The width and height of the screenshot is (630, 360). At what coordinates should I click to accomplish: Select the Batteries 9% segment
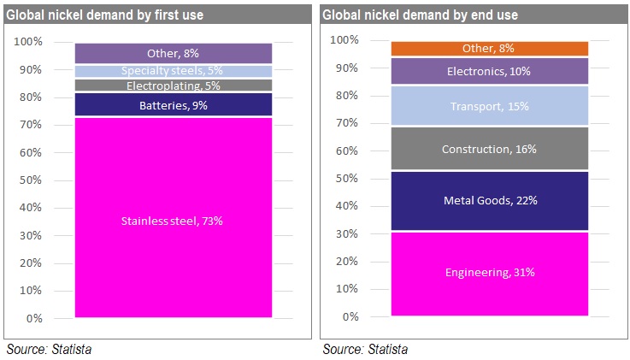pyautogui.click(x=174, y=105)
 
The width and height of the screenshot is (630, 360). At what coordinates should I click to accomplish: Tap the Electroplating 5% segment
pyautogui.click(x=174, y=86)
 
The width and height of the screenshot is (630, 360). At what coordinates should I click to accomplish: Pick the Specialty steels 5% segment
pyautogui.click(x=174, y=71)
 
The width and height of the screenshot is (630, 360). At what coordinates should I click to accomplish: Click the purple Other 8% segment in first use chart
pyautogui.click(x=174, y=53)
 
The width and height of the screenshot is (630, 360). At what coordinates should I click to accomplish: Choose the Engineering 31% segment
pyautogui.click(x=490, y=274)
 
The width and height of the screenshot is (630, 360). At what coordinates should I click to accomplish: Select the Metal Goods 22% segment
pyautogui.click(x=490, y=201)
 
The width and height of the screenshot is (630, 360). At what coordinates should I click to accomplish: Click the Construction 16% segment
pyautogui.click(x=490, y=150)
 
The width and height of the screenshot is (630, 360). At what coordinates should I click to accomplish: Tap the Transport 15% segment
pyautogui.click(x=490, y=107)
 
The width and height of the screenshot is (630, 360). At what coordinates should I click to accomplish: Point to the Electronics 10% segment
pyautogui.click(x=490, y=72)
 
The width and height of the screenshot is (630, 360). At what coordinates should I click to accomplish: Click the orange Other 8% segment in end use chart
pyautogui.click(x=490, y=49)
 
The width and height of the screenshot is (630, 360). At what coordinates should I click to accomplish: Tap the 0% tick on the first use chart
pyautogui.click(x=34, y=319)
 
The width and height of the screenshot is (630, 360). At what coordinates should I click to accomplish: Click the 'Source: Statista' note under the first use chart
pyautogui.click(x=49, y=349)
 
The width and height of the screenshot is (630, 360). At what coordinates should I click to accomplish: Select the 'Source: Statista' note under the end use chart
pyautogui.click(x=365, y=349)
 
